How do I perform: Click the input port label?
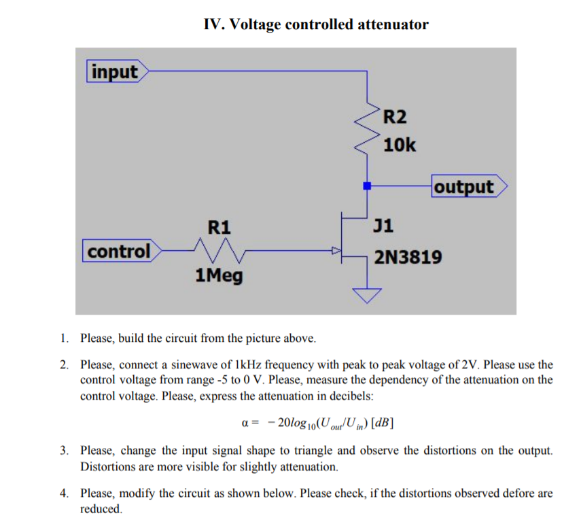(113, 71)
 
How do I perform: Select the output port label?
(465, 187)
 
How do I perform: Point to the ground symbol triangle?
(368, 295)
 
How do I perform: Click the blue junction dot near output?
(367, 185)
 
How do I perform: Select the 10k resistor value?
(400, 145)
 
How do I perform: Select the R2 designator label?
(395, 117)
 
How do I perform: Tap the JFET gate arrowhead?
(334, 251)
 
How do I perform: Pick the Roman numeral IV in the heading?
(213, 25)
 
